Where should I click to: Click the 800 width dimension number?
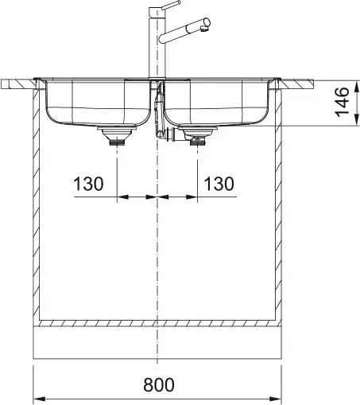coord(159,385)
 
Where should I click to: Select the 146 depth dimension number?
coord(342,102)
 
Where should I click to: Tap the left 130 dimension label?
coord(88,184)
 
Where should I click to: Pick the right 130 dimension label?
coord(219,184)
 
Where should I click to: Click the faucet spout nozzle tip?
coord(204,29)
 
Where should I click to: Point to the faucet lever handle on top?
coord(171,5)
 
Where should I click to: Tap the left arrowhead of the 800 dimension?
coord(39,399)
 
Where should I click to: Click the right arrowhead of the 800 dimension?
coord(275,399)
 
